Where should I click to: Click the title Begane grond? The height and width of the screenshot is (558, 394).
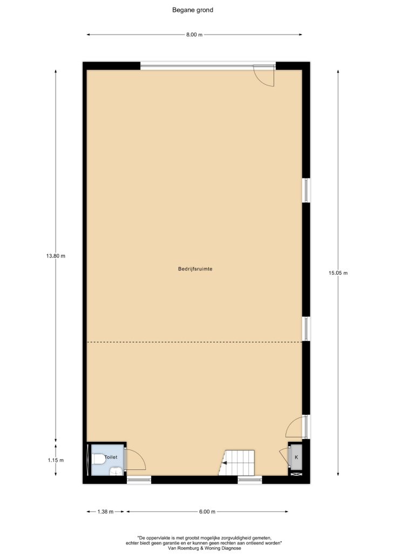(x=193, y=10)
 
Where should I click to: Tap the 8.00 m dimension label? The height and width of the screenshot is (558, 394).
(x=194, y=35)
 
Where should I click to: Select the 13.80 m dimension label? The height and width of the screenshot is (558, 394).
(x=56, y=256)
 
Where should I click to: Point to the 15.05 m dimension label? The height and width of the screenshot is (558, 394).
(x=338, y=273)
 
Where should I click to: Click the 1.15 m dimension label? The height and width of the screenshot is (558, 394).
(x=56, y=460)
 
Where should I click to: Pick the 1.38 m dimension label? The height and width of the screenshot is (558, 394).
(x=106, y=511)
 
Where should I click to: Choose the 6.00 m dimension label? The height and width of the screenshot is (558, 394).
(x=207, y=511)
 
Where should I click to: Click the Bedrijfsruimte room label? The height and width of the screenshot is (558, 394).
(x=195, y=269)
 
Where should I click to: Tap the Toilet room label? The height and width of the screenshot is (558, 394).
(x=111, y=457)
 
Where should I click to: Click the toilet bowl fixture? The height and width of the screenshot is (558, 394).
(x=98, y=460)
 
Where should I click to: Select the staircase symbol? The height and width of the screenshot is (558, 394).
(x=237, y=462)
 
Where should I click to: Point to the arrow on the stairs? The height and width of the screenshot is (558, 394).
(x=225, y=463)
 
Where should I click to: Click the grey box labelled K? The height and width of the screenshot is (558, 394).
(x=296, y=457)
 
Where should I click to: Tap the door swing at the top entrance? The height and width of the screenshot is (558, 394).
(x=265, y=76)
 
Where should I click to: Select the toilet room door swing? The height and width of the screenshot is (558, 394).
(x=135, y=460)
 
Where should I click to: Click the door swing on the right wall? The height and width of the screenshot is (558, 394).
(x=295, y=427)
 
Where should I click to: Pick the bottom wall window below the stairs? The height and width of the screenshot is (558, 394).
(x=250, y=480)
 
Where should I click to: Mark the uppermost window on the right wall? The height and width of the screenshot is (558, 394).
(x=306, y=190)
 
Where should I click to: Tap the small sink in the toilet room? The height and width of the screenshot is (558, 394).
(x=116, y=472)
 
